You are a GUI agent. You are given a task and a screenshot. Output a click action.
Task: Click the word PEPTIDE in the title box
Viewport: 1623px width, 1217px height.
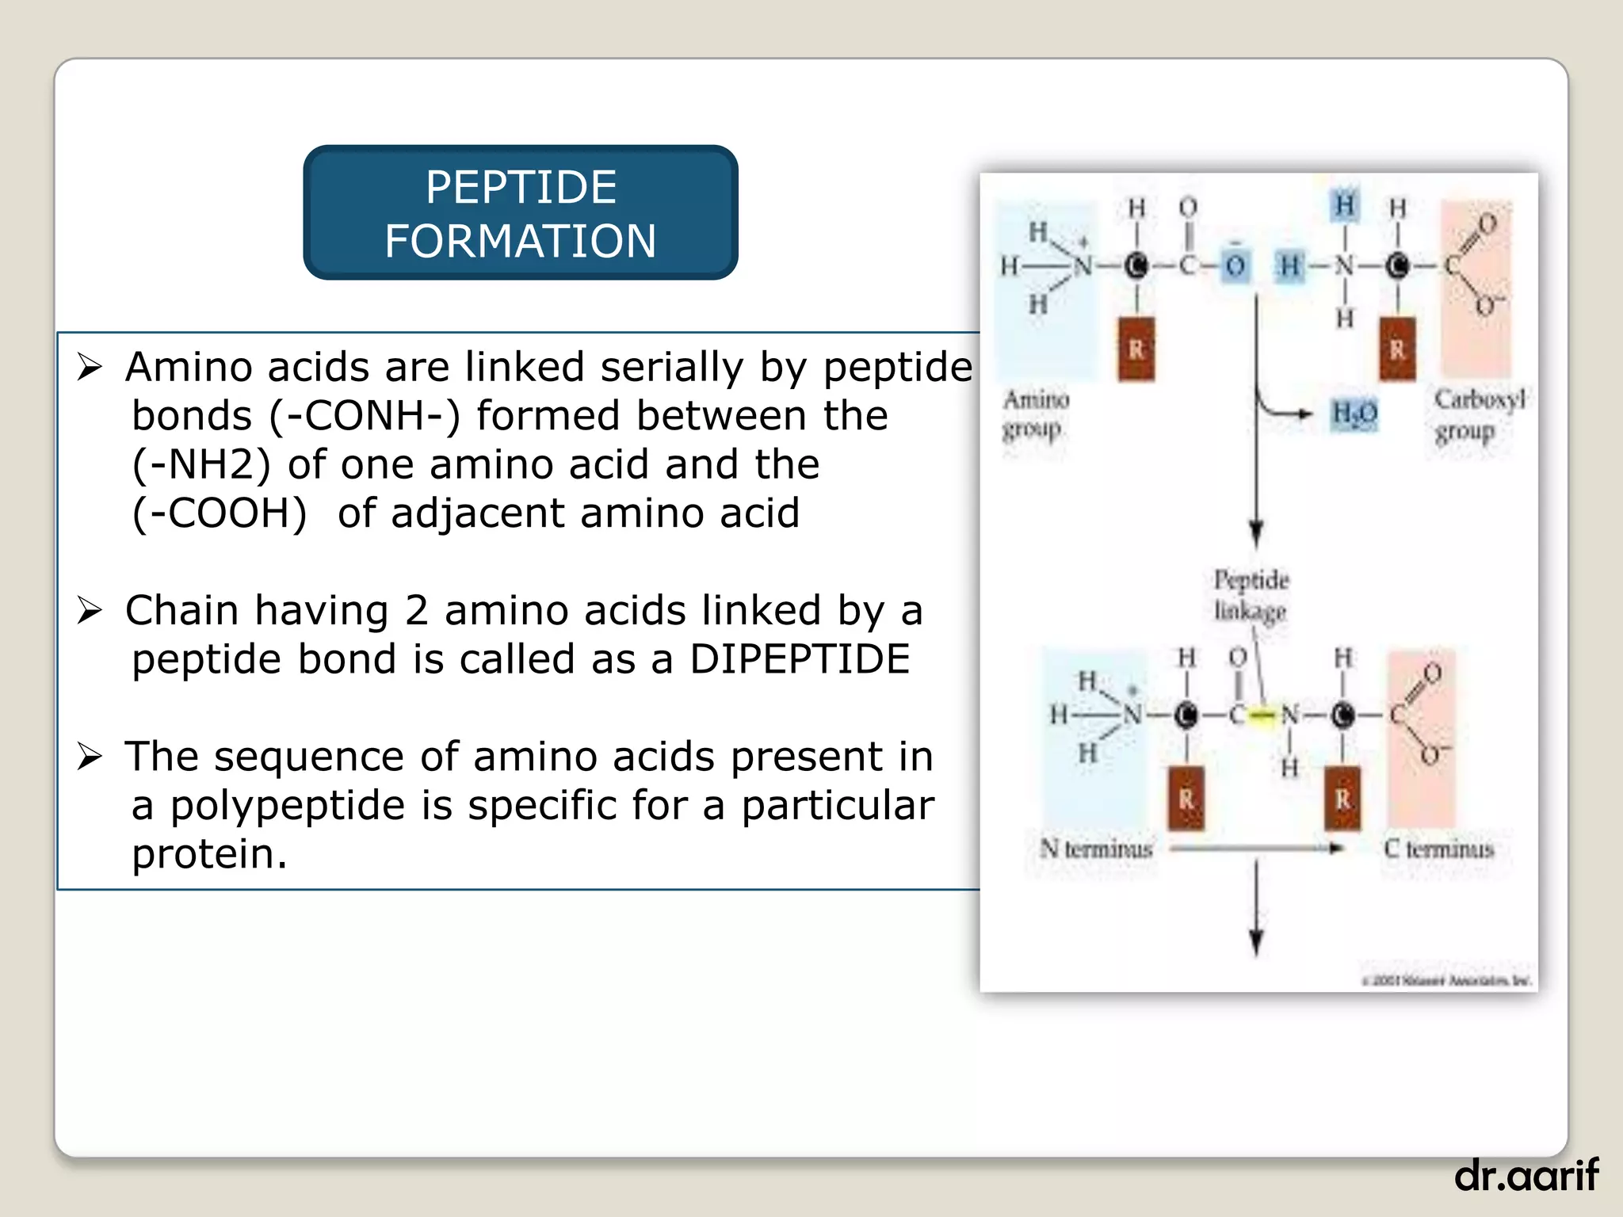521,188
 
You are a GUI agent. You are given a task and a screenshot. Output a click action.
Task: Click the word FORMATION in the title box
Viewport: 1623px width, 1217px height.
521,241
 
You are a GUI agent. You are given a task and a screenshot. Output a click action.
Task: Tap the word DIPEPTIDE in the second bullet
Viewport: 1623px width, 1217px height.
800,659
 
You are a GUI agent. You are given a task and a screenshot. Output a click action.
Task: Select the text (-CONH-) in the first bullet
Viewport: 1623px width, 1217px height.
365,416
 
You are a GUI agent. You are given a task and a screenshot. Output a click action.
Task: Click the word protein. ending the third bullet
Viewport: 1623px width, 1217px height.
209,854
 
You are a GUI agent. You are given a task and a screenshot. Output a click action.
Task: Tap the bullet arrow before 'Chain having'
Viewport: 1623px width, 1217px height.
90,611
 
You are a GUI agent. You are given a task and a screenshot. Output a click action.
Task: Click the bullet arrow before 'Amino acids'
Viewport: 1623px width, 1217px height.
90,367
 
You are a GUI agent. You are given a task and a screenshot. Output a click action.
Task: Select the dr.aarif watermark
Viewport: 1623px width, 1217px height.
1526,1174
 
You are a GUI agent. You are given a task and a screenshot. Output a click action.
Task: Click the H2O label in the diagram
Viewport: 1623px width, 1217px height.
1354,413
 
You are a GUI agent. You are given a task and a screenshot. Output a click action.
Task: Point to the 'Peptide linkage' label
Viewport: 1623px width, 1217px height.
1251,595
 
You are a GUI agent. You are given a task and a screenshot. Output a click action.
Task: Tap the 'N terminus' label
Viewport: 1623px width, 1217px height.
1096,849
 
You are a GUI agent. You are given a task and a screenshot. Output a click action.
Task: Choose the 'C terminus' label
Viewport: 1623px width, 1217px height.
1438,849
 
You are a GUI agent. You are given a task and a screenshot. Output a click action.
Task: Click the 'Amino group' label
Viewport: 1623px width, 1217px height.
1035,414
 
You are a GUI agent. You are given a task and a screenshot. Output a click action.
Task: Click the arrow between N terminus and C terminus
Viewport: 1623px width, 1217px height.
1256,849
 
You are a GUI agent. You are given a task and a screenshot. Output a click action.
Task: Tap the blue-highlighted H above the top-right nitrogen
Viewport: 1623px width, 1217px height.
1345,204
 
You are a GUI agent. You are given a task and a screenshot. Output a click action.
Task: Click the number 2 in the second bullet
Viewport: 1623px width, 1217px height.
417,611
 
